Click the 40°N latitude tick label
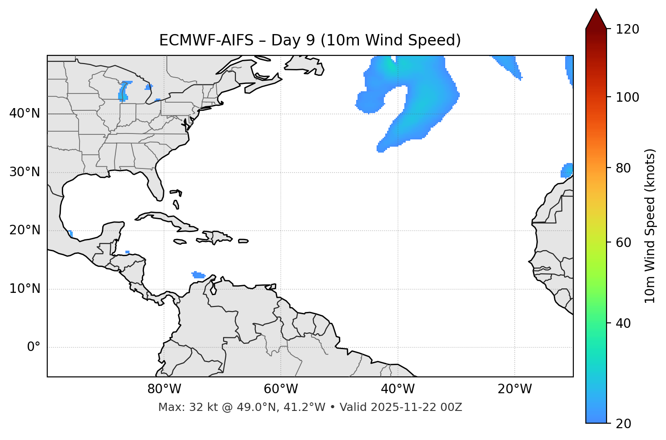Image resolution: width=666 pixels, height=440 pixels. (25, 114)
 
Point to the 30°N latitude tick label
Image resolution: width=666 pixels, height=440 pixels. (25, 172)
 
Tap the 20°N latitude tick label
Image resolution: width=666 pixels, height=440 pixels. (25, 230)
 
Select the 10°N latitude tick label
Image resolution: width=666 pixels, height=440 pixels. (25, 289)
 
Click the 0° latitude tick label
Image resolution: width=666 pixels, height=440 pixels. (34, 347)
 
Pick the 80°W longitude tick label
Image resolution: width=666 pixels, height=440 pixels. (164, 389)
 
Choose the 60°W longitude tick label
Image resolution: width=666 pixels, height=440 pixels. (281, 389)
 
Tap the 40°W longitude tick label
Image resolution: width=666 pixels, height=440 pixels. (398, 389)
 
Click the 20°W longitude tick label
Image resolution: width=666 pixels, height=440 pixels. (514, 389)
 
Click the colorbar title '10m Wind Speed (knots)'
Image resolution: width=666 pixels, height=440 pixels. (650, 226)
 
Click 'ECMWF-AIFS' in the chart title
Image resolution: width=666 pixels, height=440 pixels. (206, 40)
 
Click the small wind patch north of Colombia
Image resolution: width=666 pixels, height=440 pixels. (198, 275)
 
